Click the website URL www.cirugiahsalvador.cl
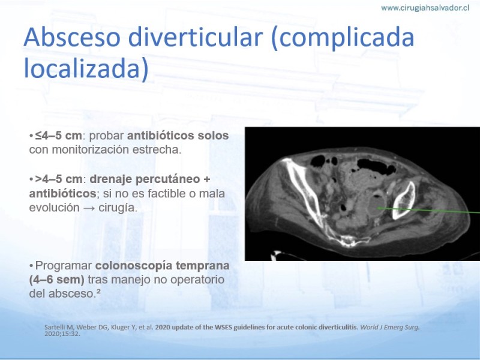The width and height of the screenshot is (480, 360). (425, 8)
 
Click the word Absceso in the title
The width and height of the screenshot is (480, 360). (72, 37)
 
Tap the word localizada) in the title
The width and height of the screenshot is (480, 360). (86, 68)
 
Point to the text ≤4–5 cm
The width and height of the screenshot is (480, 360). (58, 136)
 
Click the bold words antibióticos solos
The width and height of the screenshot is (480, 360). (178, 136)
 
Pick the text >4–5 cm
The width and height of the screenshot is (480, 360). (58, 179)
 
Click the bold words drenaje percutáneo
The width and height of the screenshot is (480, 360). (145, 179)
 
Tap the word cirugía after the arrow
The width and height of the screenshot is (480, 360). (118, 208)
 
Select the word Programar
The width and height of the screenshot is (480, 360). (64, 266)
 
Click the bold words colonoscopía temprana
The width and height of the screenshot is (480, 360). (162, 266)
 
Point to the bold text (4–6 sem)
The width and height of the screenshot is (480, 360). (56, 280)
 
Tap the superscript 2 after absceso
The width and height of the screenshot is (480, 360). (98, 291)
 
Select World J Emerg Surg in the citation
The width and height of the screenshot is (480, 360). (389, 327)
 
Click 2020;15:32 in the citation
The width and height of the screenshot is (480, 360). (62, 334)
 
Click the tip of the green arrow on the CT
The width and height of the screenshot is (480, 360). (377, 208)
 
